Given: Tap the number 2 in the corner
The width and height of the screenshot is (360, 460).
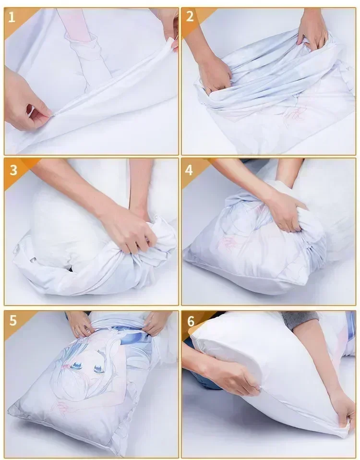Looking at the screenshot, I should coord(190,17).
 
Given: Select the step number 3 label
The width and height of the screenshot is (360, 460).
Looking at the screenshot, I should coord(13,169).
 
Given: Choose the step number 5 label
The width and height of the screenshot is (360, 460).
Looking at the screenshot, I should coord(13,321).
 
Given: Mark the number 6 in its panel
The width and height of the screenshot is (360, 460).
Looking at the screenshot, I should coord(191,321).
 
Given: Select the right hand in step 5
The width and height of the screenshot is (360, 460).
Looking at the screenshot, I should coord(156,323).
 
